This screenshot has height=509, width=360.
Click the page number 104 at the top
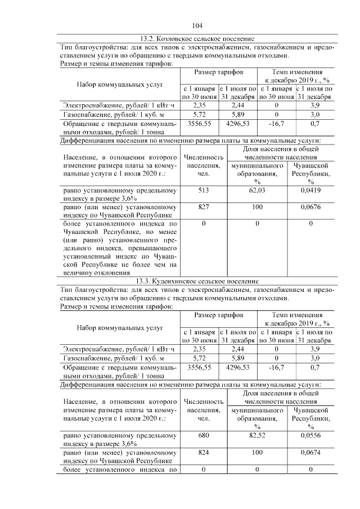pos(197,25)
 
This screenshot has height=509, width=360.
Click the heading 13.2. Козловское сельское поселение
pos(196,39)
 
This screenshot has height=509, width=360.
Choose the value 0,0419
pos(310,191)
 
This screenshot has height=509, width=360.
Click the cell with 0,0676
pos(310,208)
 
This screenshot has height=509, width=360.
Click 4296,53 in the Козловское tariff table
pos(237,123)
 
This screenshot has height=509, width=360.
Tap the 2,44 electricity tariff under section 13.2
pos(237,105)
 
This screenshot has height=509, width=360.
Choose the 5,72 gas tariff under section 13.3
pos(199,357)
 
